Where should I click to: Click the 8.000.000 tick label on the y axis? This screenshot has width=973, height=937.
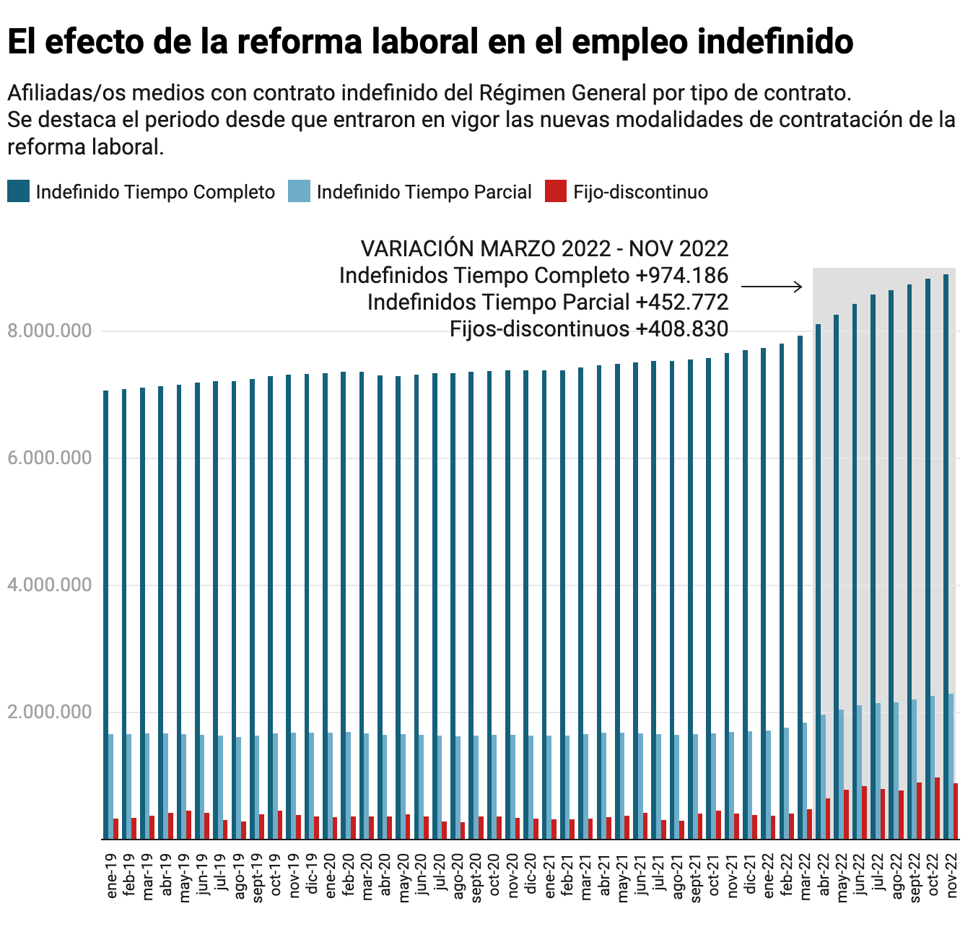[x=50, y=331]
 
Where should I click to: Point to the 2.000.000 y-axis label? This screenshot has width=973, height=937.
[x=50, y=712]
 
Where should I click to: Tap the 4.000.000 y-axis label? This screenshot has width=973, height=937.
[x=50, y=585]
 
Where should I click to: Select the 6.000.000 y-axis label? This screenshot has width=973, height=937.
[x=50, y=458]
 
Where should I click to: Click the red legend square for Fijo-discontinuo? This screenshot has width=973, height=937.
[x=556, y=191]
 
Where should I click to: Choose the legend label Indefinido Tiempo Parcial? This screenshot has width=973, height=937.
[x=424, y=192]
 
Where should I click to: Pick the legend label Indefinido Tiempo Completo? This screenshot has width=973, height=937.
[x=155, y=192]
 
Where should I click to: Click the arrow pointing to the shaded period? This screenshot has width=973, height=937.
[x=772, y=287]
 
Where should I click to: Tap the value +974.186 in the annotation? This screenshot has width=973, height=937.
[x=682, y=275]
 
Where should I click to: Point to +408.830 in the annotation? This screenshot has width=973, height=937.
[x=682, y=329]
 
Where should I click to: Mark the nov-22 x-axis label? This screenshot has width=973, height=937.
[x=952, y=873]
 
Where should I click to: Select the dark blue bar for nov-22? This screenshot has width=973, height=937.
[x=946, y=556]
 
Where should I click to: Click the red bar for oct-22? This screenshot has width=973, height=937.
[x=937, y=808]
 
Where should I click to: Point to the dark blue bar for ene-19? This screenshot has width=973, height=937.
[x=106, y=614]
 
